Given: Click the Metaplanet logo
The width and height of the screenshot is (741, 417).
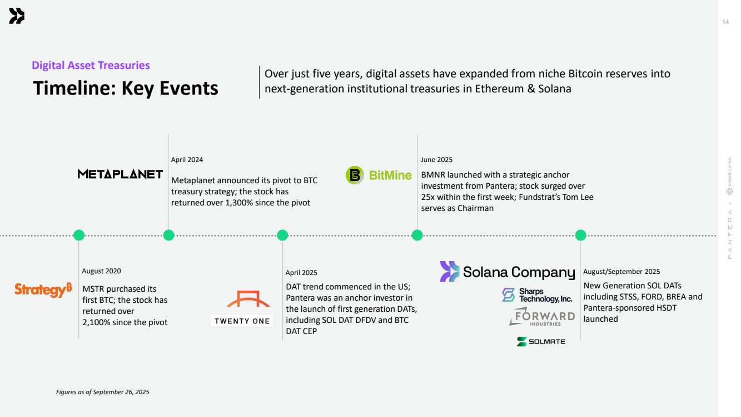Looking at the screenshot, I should pos(120,174).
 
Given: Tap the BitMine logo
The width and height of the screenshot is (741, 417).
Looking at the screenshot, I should pos(379,175).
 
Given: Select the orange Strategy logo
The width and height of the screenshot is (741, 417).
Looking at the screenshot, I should pos(43,290).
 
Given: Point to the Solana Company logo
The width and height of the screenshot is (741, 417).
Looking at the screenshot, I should pos(507,272).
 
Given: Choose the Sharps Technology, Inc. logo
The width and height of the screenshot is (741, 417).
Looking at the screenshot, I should pos(536,295).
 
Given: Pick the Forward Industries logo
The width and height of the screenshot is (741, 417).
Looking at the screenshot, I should pos(541,317).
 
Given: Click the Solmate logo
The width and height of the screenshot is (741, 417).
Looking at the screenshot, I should pos(540,341).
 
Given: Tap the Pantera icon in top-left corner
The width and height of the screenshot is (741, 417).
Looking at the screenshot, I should pos(17,17).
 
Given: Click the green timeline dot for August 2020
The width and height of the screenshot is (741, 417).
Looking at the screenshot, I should pos(79,235).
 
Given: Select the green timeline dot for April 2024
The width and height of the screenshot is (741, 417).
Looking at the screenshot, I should pos(169,235).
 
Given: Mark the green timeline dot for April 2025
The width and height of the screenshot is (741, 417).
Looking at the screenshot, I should pos(282,235).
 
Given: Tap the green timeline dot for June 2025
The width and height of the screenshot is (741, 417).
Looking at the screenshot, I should pos(417,235).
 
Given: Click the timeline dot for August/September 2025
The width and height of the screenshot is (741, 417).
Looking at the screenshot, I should pos(581,235).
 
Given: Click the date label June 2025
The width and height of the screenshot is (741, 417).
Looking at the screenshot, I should pos(436,160).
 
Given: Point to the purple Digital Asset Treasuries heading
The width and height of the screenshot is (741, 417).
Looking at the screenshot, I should pos(91,65).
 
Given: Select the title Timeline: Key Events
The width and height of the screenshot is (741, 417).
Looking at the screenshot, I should pos(126,89).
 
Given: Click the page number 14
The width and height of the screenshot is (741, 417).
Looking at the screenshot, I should pos(725,22).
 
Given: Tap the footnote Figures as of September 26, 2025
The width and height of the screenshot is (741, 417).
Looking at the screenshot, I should pos(103,392).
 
